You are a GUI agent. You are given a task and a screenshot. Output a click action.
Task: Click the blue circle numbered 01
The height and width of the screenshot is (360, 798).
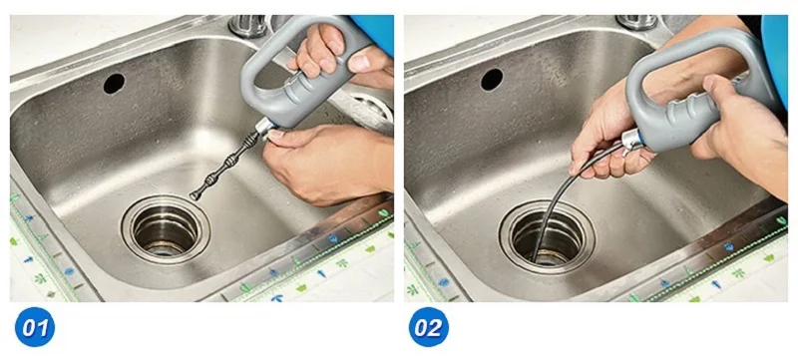pos(35,327)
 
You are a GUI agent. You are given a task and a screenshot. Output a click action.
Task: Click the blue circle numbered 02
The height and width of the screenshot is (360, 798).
pos(429,327)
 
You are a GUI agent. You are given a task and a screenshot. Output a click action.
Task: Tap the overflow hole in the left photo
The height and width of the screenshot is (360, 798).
pos(115,84)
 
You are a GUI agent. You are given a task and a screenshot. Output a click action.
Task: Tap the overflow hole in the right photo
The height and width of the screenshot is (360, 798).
pos(492,80)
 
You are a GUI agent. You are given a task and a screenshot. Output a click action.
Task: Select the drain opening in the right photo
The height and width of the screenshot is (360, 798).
pos(547,236)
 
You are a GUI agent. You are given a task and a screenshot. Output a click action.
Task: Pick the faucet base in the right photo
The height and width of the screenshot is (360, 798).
pos(636,22)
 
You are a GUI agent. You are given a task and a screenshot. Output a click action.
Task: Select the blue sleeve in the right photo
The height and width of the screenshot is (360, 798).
pos(774,56)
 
